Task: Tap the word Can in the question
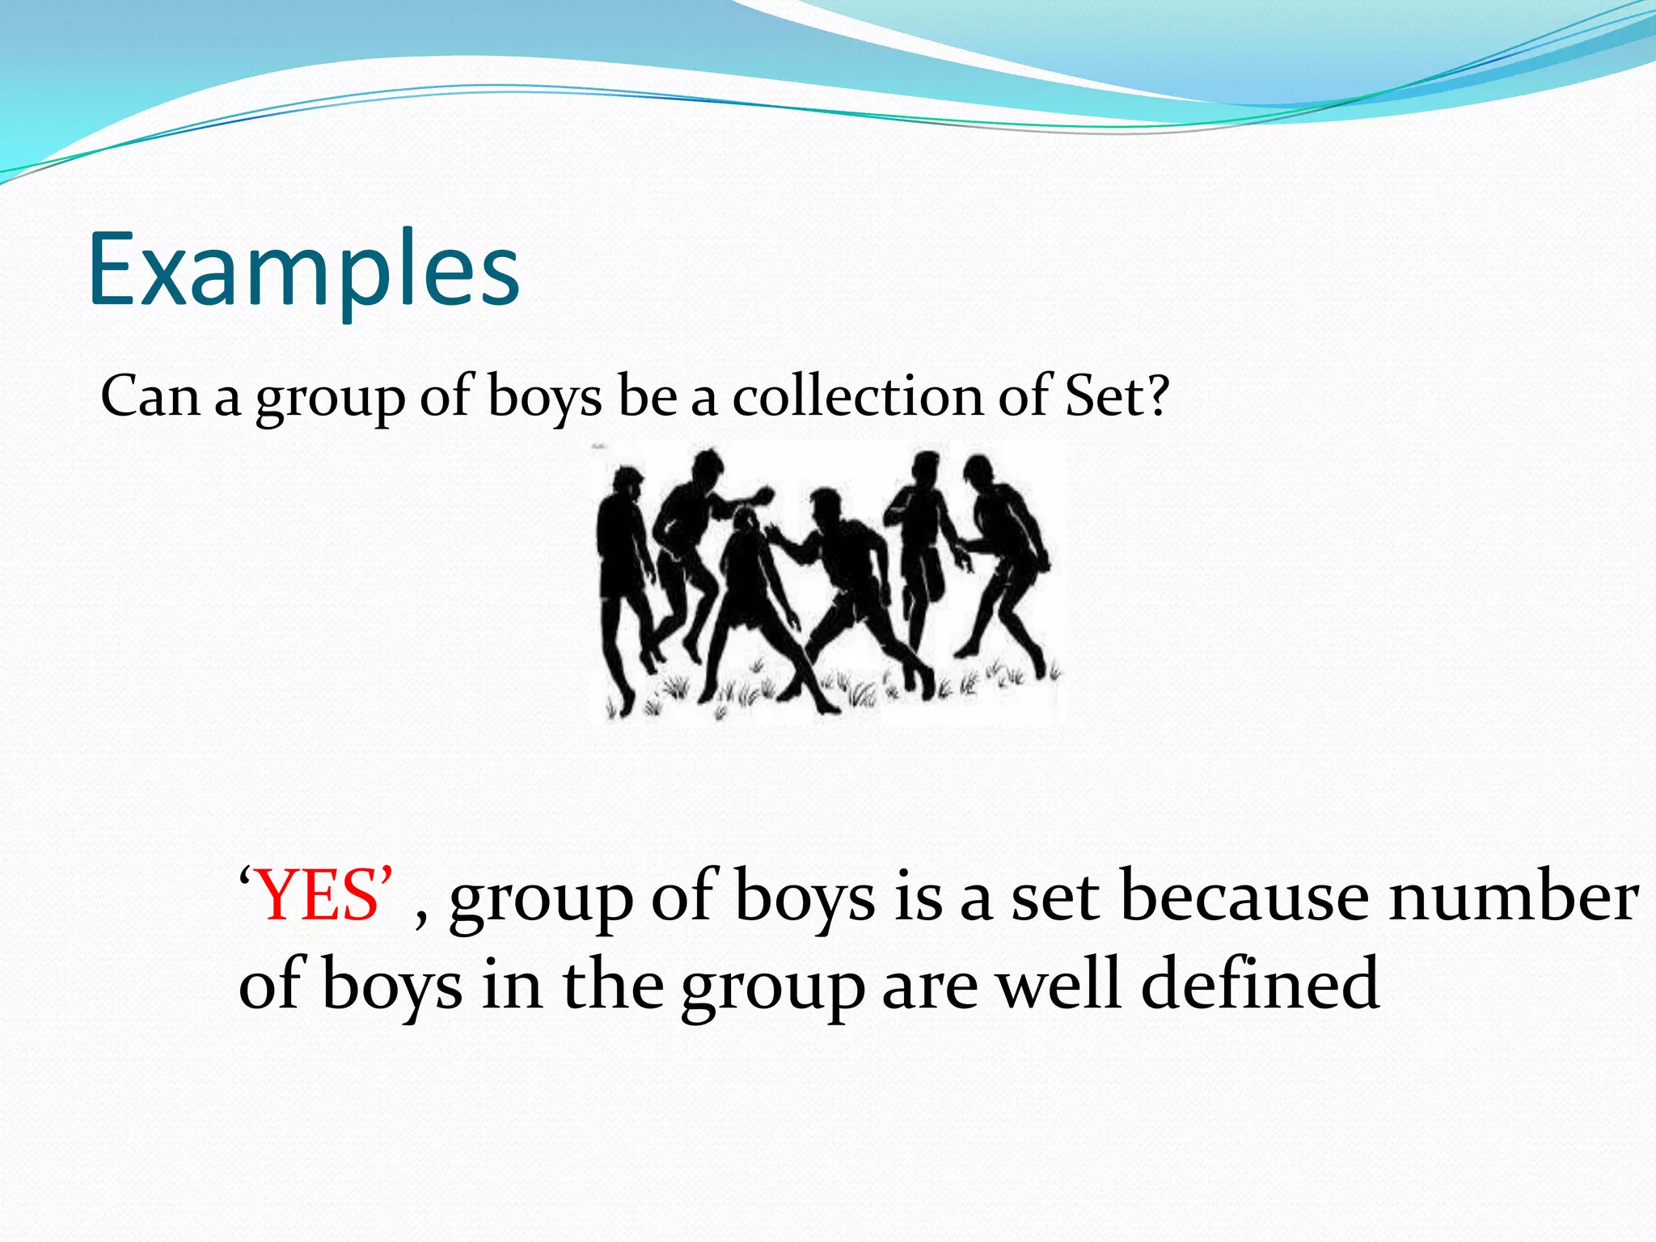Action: pyautogui.click(x=150, y=398)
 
